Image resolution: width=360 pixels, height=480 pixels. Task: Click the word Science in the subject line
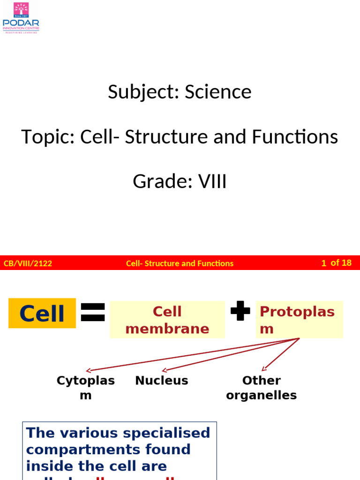[218, 92]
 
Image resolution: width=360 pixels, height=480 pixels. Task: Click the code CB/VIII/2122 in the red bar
[28, 263]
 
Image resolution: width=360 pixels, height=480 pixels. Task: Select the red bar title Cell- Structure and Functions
[180, 263]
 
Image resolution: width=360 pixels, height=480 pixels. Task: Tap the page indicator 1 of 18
[336, 263]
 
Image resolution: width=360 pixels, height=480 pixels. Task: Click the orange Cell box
[42, 313]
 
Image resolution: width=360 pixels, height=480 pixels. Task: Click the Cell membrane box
[167, 320]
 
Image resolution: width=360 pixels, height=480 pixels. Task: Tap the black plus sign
[240, 311]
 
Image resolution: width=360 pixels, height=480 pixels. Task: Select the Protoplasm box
[300, 320]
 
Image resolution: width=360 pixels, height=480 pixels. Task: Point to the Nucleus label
[162, 381]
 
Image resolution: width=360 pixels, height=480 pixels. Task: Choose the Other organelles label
[261, 388]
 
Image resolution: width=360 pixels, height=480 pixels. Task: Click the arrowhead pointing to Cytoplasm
[89, 370]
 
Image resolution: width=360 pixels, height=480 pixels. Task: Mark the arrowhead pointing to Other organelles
[264, 369]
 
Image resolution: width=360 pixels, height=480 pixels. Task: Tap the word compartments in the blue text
[78, 449]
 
